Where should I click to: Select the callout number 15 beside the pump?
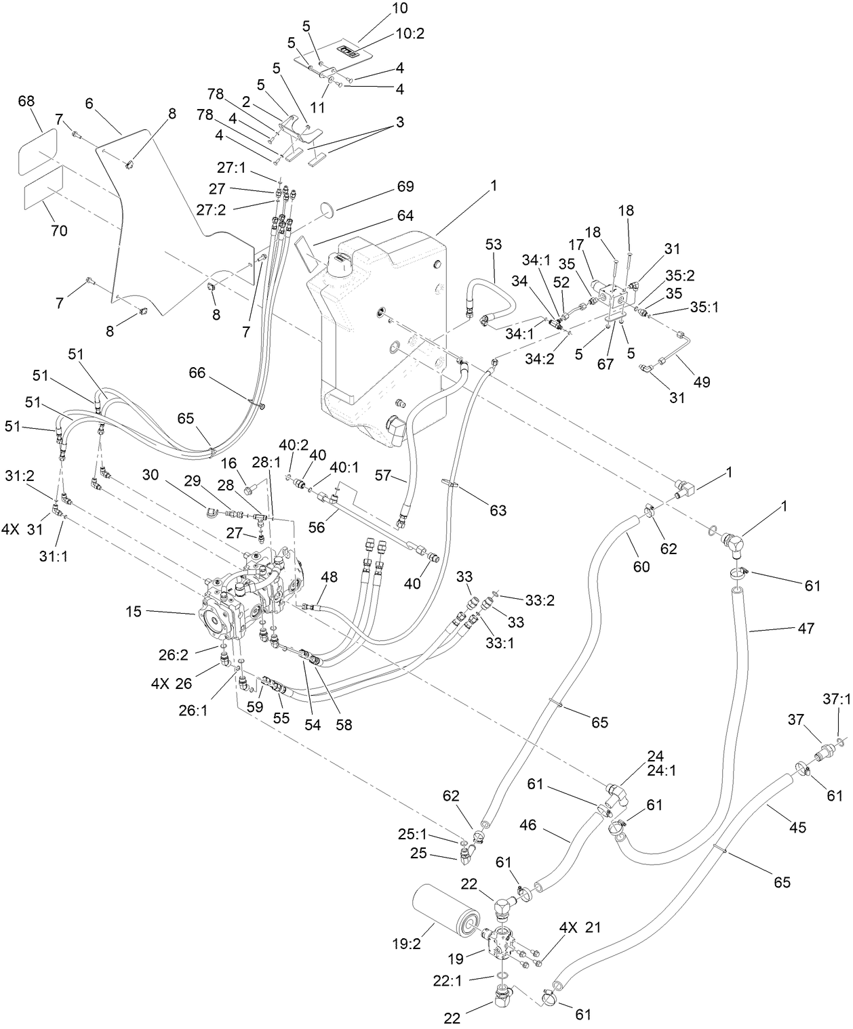point(134,611)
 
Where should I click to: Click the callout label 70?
point(59,230)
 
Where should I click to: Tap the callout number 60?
point(641,566)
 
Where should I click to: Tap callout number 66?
point(197,373)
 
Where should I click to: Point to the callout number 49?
point(702,381)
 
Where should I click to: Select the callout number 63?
point(498,510)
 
